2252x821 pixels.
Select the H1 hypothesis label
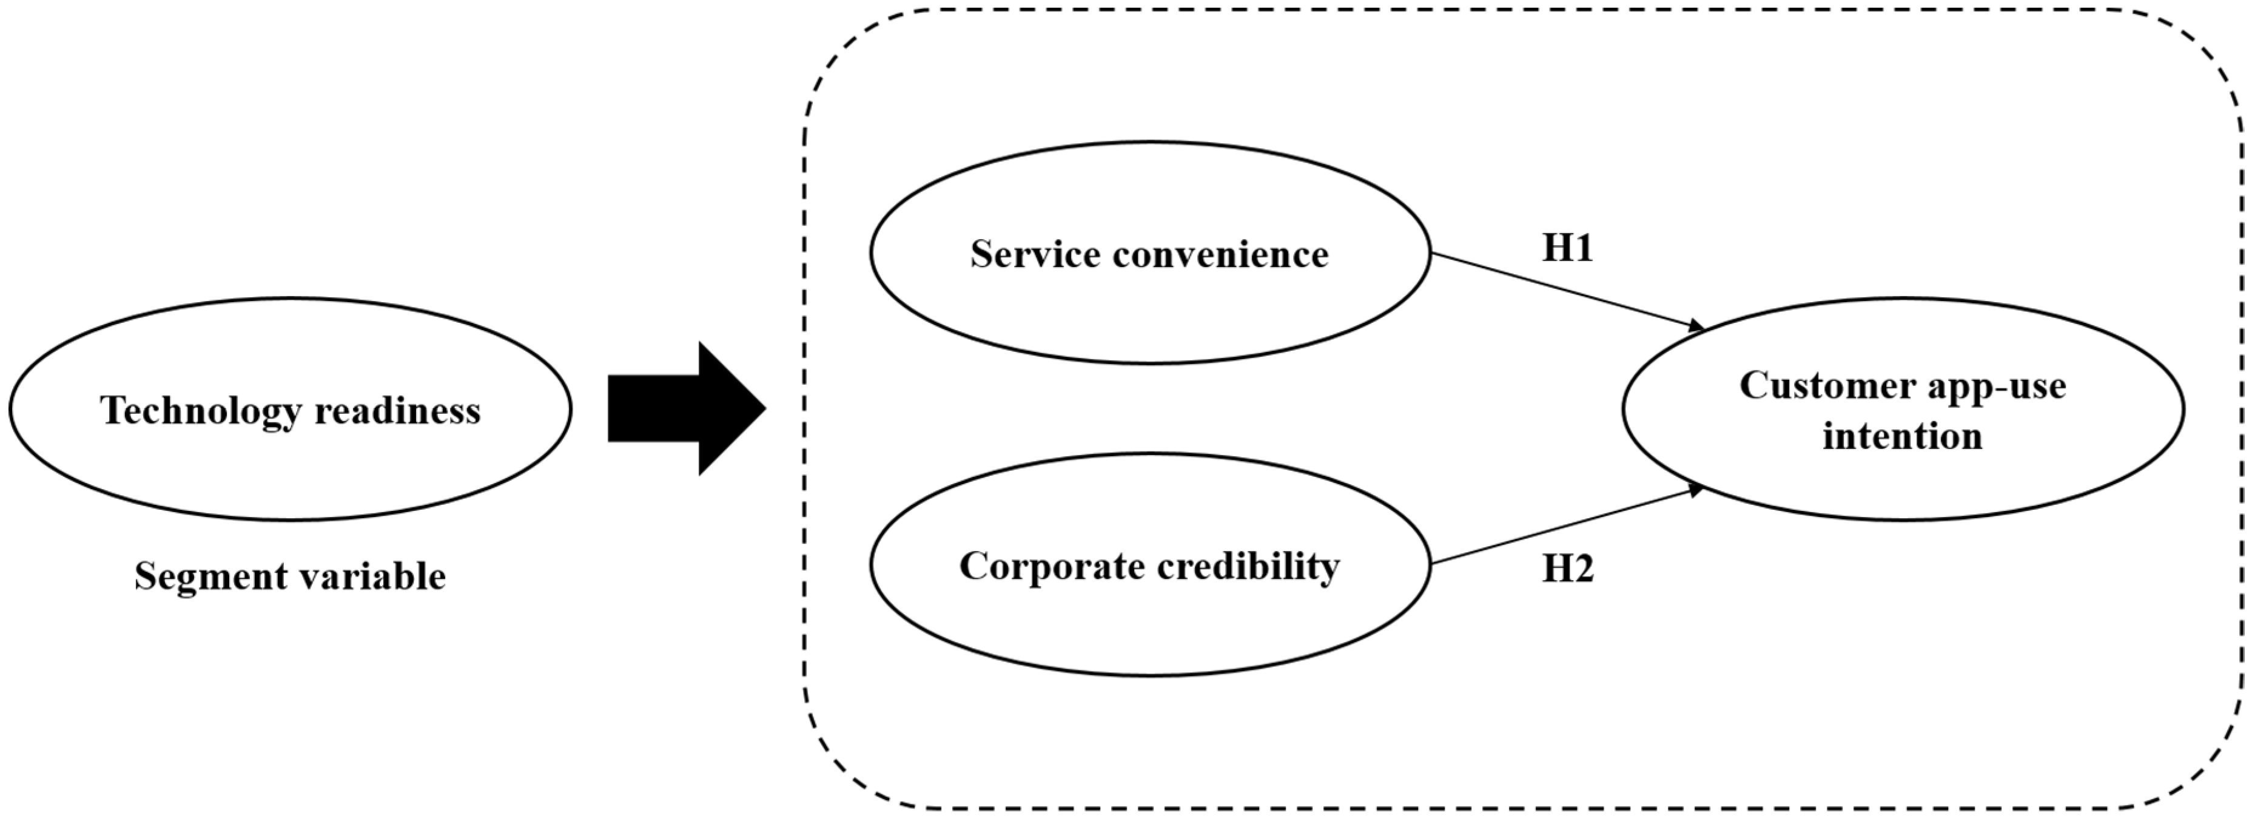pyautogui.click(x=1567, y=248)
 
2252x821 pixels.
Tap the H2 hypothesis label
pyautogui.click(x=1567, y=569)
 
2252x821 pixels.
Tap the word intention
pyautogui.click(x=1901, y=436)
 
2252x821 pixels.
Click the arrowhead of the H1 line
pyautogui.click(x=1698, y=328)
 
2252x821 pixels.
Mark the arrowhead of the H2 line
pyautogui.click(x=1697, y=490)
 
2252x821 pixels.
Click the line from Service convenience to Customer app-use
pyautogui.click(x=1565, y=290)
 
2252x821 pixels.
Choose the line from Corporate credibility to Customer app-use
pyautogui.click(x=1565, y=526)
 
